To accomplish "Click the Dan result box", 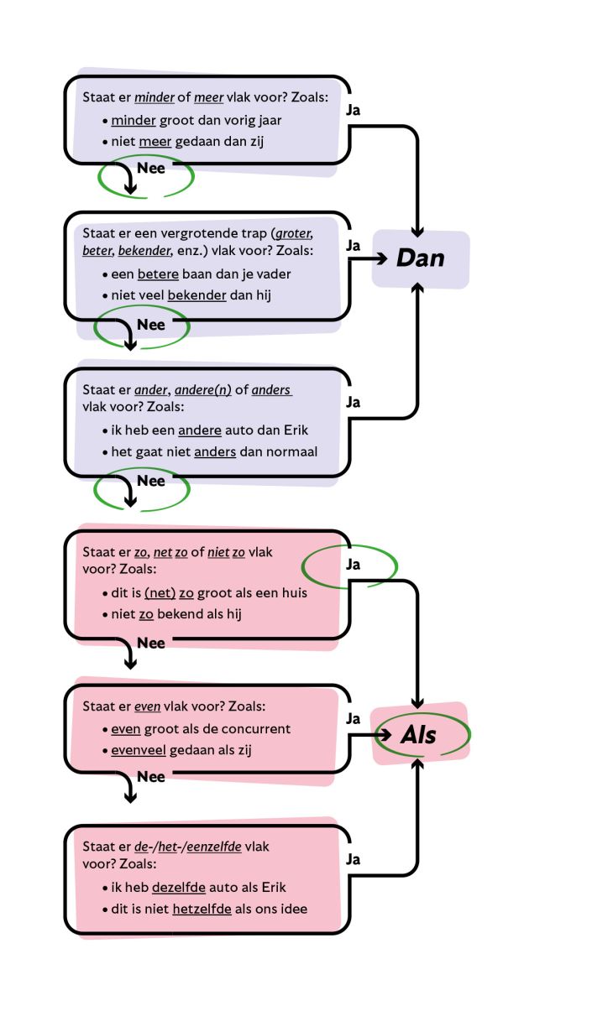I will [421, 258].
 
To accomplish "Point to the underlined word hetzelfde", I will [202, 909].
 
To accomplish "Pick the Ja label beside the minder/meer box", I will [354, 109].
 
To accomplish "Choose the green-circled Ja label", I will [354, 565].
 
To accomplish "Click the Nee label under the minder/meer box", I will [151, 167].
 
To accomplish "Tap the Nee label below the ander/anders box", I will [151, 481].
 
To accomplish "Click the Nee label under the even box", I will [151, 777].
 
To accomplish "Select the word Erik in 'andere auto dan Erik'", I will [293, 430].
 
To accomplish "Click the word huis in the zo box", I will [292, 592].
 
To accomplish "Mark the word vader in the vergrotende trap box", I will [274, 274].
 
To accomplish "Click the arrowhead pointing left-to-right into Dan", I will [385, 260].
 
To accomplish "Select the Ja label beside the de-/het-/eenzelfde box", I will [354, 859].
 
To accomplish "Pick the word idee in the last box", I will [293, 909].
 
